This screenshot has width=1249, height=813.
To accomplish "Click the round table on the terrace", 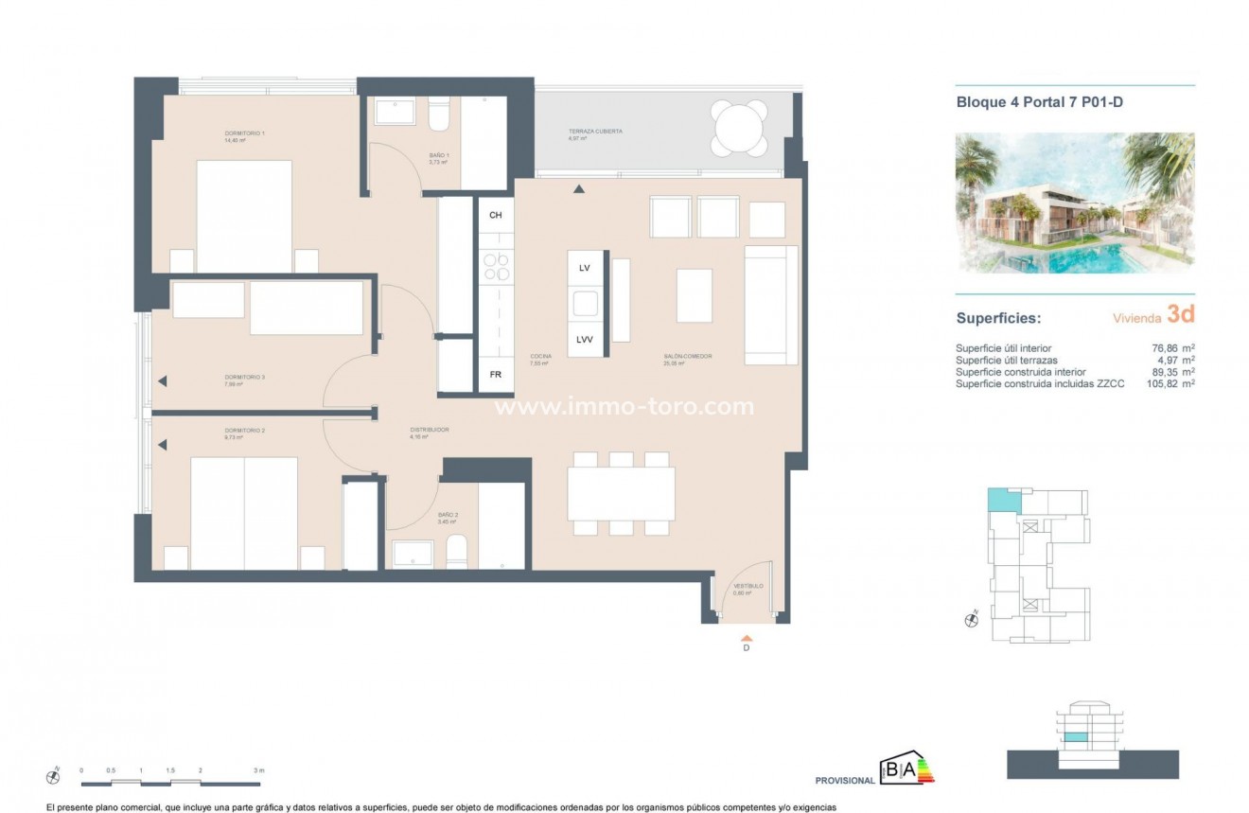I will (740, 128).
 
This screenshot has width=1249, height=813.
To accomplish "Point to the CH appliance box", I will (495, 216).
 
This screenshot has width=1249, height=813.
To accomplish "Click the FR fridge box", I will (495, 374).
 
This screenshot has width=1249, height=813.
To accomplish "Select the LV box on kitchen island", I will (585, 269).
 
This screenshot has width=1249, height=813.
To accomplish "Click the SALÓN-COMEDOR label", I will (687, 358).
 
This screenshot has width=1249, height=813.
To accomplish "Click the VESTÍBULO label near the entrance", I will (748, 587).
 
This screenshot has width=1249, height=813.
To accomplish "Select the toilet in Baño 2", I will (456, 553).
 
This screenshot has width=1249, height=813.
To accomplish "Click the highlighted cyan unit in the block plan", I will (1000, 499).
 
